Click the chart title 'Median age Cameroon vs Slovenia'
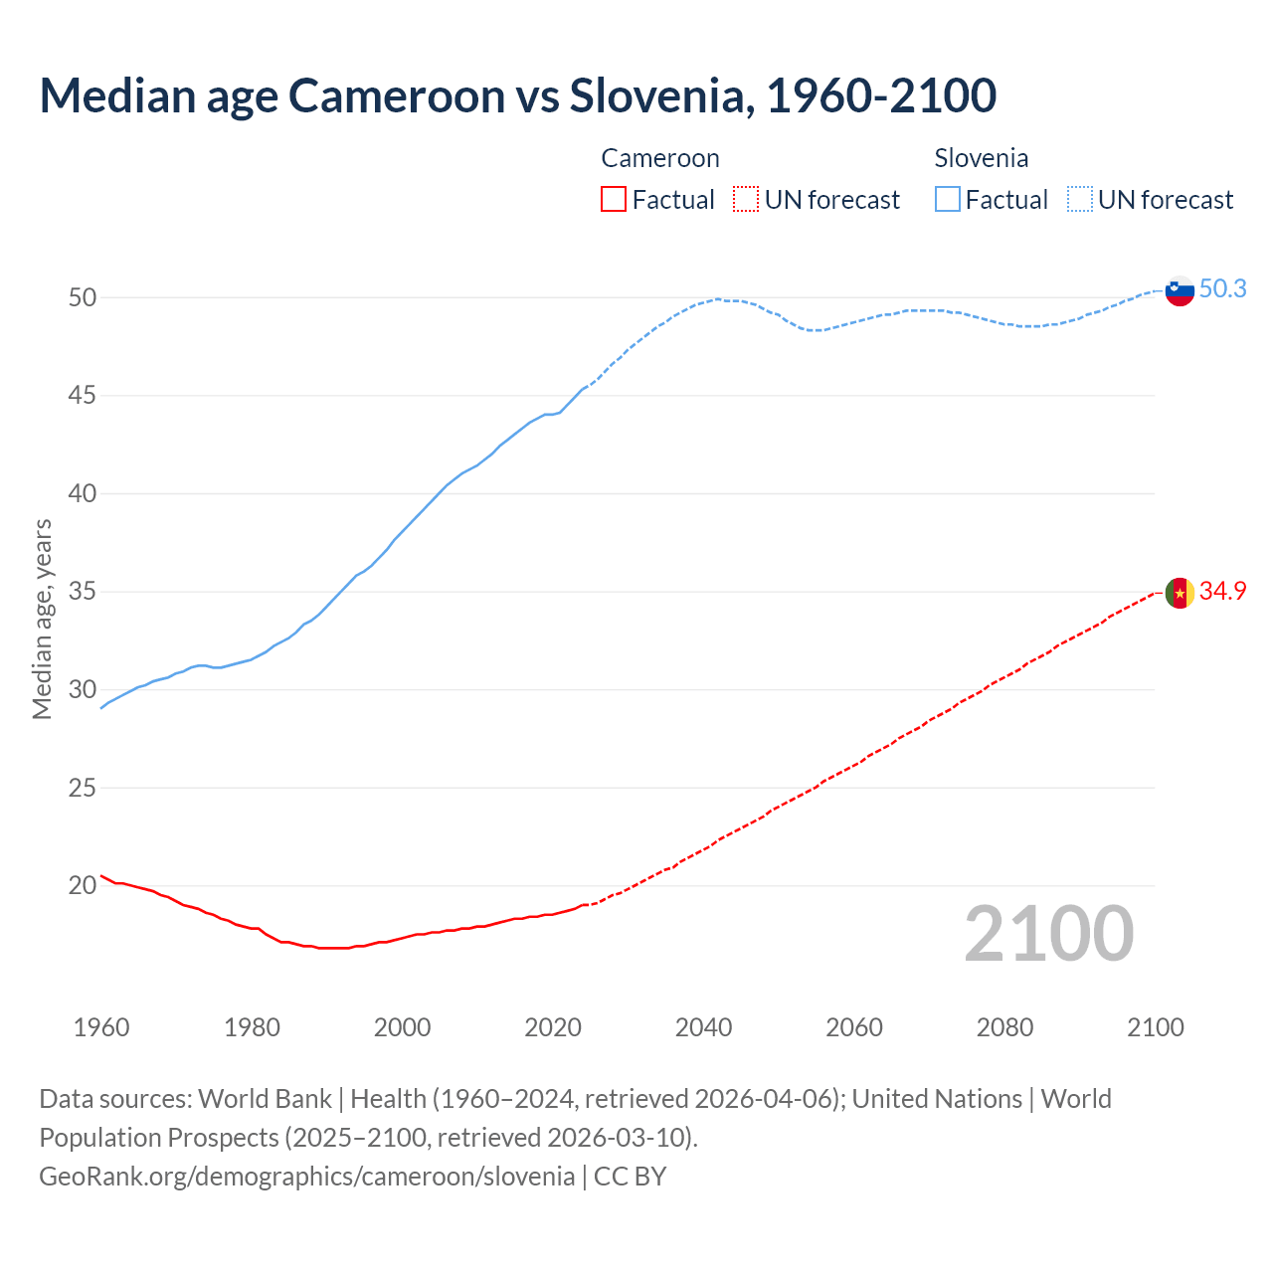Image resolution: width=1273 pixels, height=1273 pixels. (517, 95)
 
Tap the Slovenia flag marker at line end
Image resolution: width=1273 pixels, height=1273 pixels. (1180, 290)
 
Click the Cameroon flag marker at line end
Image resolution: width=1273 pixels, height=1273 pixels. (1180, 593)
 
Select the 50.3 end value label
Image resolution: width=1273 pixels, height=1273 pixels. (1222, 288)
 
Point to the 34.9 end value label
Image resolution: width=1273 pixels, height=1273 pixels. (1222, 591)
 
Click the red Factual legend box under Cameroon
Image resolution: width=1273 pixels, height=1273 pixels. (614, 200)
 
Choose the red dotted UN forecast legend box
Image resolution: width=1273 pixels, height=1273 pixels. (746, 200)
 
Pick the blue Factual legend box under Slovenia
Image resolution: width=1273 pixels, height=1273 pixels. (948, 200)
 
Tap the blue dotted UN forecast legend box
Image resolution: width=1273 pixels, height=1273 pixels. (1080, 200)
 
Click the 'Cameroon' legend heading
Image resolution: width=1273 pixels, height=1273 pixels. (659, 158)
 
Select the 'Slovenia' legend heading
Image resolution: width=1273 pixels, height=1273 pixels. (981, 158)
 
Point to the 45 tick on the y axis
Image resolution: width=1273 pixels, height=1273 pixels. (83, 396)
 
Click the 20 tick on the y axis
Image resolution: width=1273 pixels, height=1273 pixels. (83, 885)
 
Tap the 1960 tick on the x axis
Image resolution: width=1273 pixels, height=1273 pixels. (101, 1027)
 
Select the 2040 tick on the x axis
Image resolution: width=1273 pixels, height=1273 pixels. (703, 1027)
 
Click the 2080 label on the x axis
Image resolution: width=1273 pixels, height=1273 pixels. (1004, 1027)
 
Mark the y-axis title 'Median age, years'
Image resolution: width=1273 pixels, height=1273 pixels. (42, 619)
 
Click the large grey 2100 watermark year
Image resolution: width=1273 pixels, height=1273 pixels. (1049, 934)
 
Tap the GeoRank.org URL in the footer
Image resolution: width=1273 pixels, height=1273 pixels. (306, 1177)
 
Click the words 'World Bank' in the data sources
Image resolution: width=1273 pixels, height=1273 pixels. (265, 1099)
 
